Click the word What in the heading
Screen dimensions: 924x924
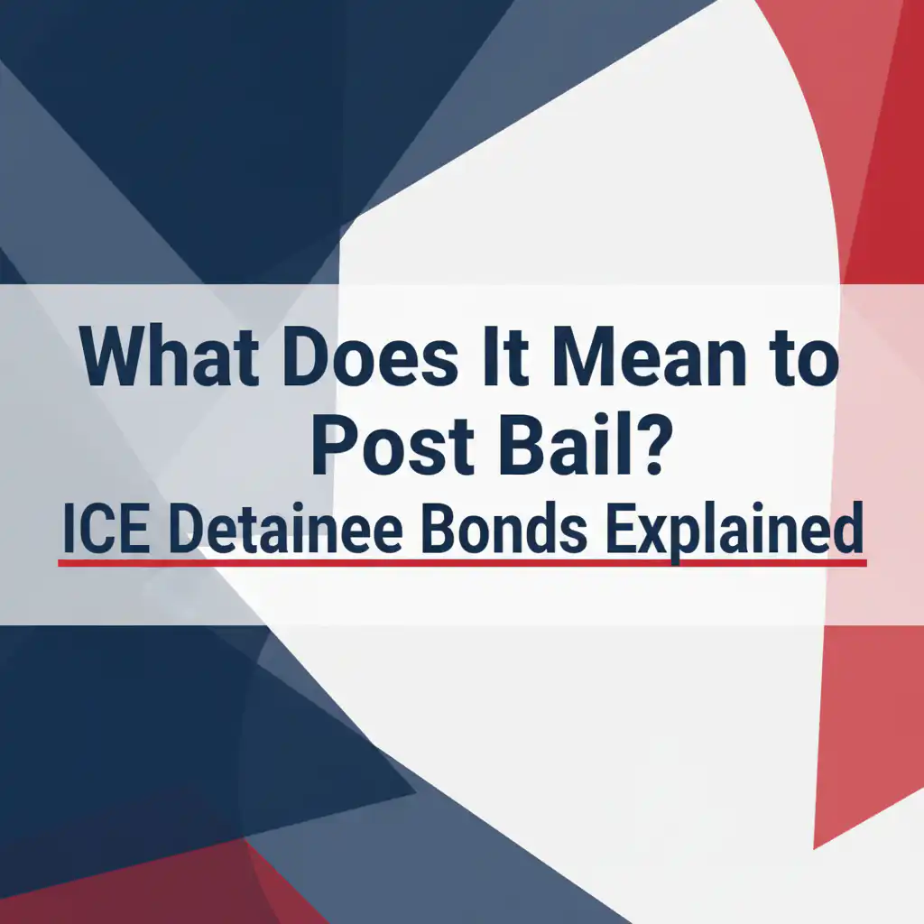170,356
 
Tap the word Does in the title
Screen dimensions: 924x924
369,356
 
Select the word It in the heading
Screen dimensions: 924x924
504,356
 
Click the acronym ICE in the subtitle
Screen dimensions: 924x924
106,528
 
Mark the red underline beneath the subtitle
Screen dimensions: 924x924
462,563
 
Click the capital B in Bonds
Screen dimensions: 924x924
439,528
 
